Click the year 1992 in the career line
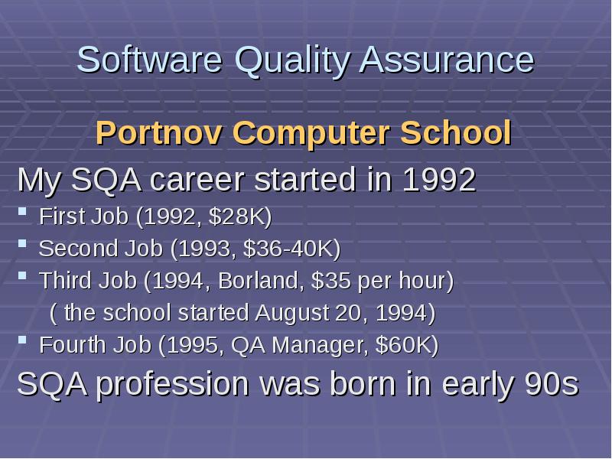pos(438,181)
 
